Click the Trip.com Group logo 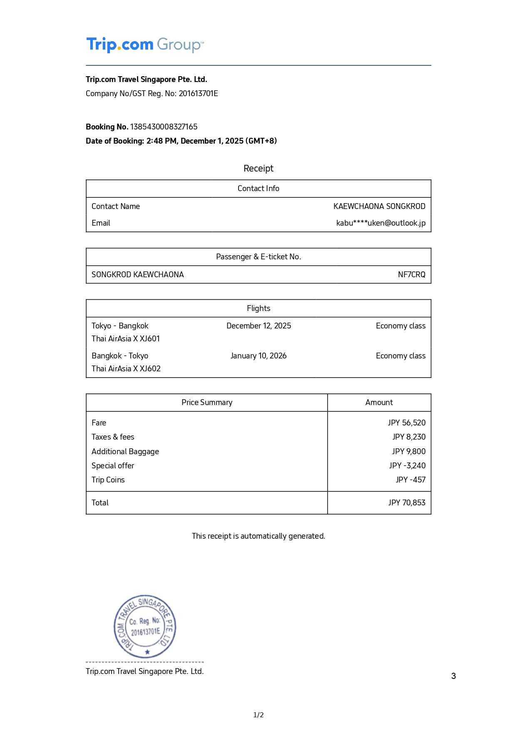point(145,45)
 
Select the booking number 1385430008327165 point(164,127)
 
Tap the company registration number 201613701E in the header point(198,93)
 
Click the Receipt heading point(258,168)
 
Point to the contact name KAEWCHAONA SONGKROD point(379,206)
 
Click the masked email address point(380,223)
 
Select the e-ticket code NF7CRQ point(411,274)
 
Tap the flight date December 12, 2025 point(258,326)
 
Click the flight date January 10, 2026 point(258,356)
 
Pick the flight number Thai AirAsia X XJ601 point(126,338)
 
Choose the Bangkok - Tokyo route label point(120,356)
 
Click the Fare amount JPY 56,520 point(406,423)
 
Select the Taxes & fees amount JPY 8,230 point(409,437)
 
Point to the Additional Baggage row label point(125,451)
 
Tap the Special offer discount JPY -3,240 point(407,465)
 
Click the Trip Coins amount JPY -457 point(410,480)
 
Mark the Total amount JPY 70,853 point(407,502)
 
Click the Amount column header point(379,402)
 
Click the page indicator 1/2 point(258,715)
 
